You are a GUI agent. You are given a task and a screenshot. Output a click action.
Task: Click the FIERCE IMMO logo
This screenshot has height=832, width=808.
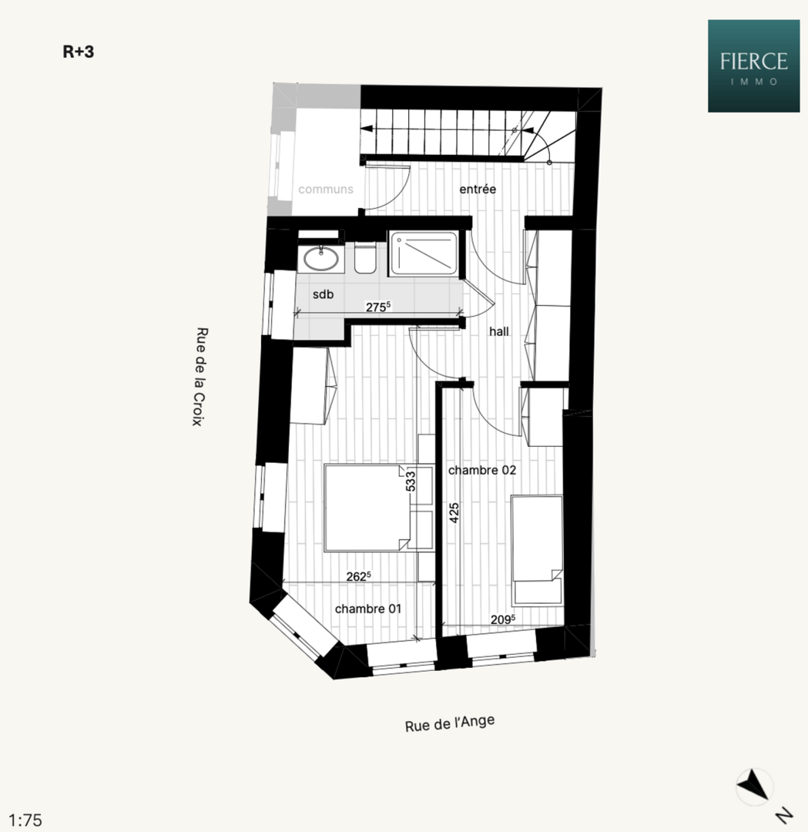(x=753, y=65)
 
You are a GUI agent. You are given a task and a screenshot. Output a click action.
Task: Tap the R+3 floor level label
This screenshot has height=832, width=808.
(x=79, y=52)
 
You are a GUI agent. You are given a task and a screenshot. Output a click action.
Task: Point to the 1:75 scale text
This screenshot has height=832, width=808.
(x=25, y=820)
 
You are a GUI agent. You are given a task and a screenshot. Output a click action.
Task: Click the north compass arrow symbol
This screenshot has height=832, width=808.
(x=754, y=787)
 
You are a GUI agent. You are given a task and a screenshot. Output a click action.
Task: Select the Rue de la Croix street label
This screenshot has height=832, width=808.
(x=200, y=377)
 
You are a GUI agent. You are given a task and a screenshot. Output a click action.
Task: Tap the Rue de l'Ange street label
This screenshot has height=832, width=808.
(x=450, y=723)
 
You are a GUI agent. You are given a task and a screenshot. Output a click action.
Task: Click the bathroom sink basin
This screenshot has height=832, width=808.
(x=321, y=259)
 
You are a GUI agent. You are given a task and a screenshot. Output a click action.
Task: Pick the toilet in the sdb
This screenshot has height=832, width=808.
(x=365, y=258)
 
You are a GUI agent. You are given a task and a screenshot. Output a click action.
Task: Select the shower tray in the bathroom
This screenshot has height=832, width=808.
(x=424, y=253)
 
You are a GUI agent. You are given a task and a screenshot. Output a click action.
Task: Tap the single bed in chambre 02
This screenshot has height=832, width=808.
(x=537, y=550)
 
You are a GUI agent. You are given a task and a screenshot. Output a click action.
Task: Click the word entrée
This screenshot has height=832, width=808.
(x=478, y=190)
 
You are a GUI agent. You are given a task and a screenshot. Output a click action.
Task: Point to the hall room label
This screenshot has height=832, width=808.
(x=498, y=331)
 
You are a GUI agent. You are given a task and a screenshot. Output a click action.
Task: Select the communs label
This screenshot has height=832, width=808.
(x=326, y=190)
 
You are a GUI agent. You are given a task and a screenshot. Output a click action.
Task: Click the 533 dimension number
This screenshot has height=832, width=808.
(x=411, y=481)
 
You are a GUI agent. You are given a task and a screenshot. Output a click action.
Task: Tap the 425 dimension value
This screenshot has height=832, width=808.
(x=454, y=513)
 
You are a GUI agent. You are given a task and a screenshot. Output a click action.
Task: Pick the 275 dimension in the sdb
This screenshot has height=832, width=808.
(x=378, y=307)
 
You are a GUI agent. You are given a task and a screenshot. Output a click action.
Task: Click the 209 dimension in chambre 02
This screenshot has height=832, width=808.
(x=503, y=619)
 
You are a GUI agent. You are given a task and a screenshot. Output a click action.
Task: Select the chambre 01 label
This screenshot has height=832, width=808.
(x=368, y=609)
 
